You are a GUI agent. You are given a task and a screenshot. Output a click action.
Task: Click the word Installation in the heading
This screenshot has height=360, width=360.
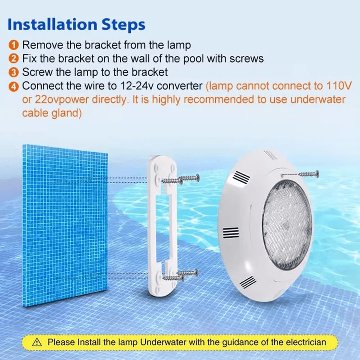[51, 25]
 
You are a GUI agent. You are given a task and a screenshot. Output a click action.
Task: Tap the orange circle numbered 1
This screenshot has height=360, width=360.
[13, 45]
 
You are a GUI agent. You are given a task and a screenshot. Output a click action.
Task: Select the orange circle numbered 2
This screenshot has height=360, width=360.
[13, 59]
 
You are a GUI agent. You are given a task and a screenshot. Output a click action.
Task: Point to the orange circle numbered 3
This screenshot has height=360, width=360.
[13, 72]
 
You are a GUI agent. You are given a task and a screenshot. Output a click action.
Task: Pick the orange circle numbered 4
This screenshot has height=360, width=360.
[13, 86]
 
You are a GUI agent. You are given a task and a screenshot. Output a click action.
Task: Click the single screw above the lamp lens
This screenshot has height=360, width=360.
[308, 174]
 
